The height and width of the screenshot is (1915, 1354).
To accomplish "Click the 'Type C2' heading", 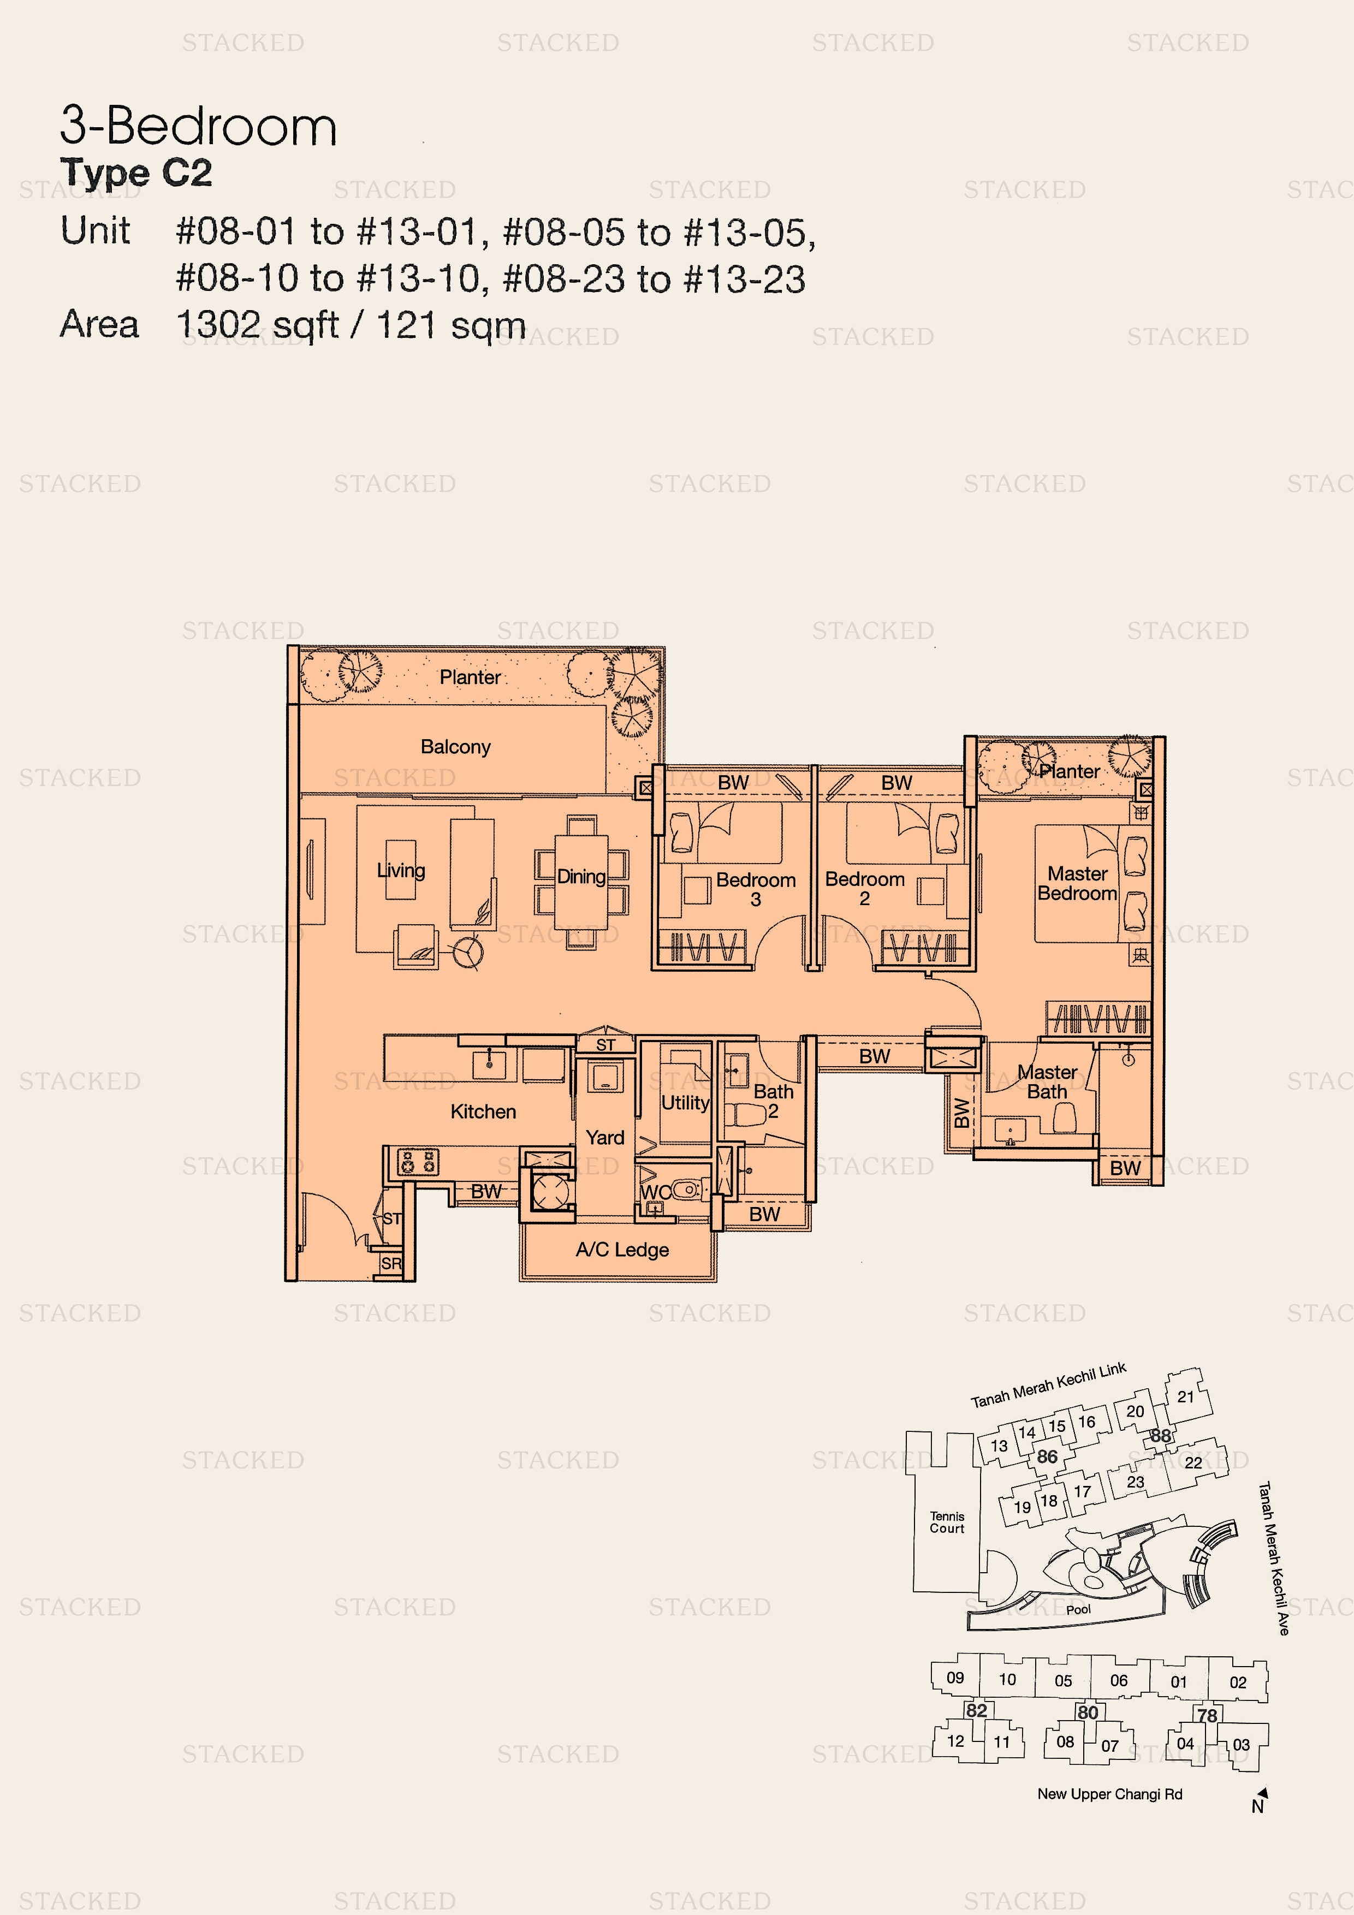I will coord(136,173).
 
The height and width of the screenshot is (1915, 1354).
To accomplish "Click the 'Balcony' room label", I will coord(455,746).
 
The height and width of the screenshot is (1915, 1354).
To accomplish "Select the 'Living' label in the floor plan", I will coord(400,871).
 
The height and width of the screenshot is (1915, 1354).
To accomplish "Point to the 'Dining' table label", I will coord(581,877).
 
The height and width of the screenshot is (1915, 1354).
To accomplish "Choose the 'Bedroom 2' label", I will coord(865,888).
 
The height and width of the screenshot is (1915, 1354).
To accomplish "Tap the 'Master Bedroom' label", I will coord(1077,883).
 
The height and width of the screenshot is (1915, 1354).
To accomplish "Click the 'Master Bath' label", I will coord(1047,1082).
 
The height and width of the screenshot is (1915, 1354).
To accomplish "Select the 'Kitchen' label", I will coord(483,1112).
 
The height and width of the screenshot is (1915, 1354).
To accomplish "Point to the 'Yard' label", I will coord(605,1138).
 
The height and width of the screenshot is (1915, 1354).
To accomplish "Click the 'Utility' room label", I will coord(685,1103).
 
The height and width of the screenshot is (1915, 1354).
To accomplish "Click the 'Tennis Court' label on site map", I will coord(947,1522).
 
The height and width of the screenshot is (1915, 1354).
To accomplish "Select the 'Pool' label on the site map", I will coord(1078,1609).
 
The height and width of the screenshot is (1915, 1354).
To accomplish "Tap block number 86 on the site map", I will coord(1047,1456).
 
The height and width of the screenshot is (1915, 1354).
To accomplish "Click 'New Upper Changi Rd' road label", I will coord(1109,1794).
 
